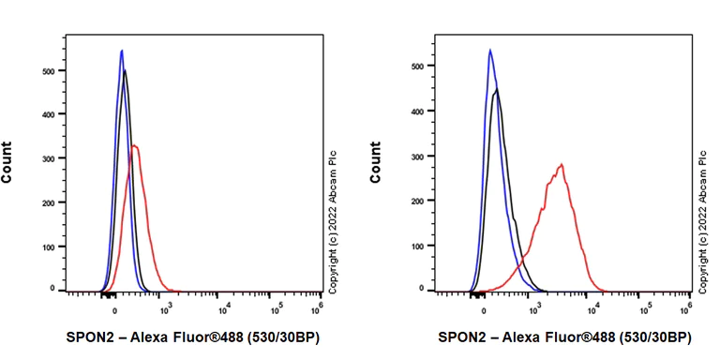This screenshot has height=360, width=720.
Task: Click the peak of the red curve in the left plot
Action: [x=135, y=145]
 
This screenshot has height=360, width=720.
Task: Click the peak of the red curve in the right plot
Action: [x=562, y=165]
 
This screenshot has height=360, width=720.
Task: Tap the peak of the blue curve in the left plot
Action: [x=122, y=51]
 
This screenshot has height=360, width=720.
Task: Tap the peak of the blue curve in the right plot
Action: [x=490, y=51]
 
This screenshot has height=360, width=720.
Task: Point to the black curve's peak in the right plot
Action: [x=497, y=90]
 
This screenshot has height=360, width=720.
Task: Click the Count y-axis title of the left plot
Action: [x=8, y=161]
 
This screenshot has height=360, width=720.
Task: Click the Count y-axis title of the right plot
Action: [x=377, y=161]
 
